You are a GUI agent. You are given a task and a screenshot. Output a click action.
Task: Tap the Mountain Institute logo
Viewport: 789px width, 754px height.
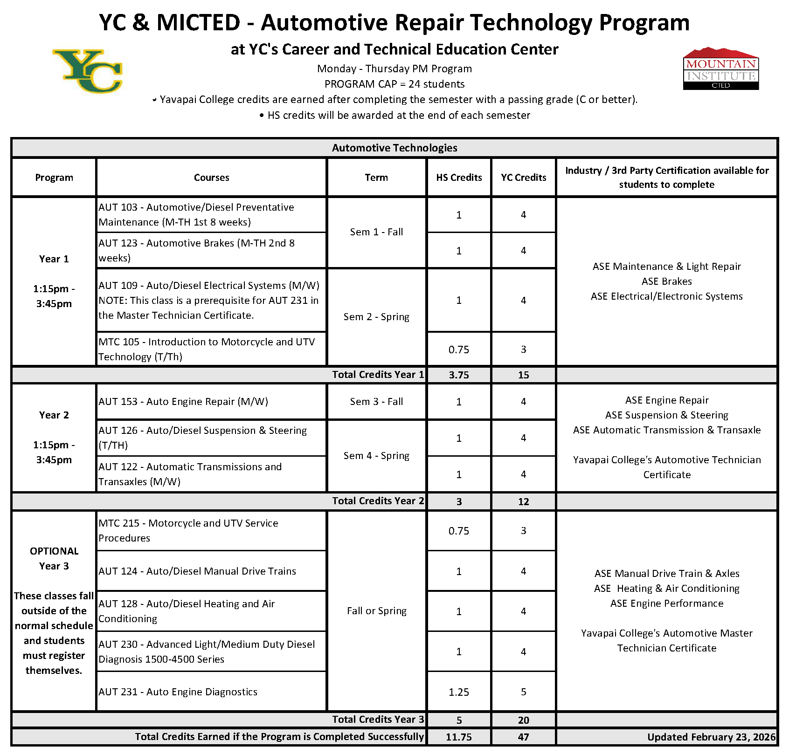[x=721, y=69]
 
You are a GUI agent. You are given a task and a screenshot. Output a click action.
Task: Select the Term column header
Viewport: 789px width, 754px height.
[x=376, y=178]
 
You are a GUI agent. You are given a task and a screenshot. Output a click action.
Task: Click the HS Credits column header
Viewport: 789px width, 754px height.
[x=459, y=178]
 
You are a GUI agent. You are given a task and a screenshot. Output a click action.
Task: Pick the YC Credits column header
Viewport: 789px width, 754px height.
[x=523, y=178]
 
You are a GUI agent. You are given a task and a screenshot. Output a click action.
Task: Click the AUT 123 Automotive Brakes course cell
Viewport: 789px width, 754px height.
[x=211, y=251]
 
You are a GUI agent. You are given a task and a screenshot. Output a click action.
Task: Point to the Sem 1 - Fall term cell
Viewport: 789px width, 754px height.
[x=376, y=232]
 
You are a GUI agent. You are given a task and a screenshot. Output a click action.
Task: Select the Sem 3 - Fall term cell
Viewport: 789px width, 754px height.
[x=376, y=402]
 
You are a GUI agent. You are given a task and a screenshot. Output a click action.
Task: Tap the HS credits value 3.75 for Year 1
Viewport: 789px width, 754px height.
[x=459, y=375]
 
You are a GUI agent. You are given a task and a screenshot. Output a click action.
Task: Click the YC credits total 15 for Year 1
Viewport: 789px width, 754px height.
[x=523, y=375]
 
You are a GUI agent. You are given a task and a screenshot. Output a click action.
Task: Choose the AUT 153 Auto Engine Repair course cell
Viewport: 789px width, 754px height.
[x=211, y=402]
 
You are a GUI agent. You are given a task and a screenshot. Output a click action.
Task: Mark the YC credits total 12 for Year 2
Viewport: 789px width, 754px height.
[x=523, y=502]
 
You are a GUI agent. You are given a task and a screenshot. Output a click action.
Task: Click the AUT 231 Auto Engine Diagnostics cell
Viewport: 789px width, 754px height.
[x=211, y=692]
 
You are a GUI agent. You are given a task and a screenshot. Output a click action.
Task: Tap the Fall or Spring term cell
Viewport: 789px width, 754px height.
[x=376, y=611]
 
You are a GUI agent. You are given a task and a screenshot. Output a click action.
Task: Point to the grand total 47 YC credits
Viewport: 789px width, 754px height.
[x=523, y=737]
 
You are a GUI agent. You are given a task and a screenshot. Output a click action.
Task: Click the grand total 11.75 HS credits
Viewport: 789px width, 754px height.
[x=459, y=737]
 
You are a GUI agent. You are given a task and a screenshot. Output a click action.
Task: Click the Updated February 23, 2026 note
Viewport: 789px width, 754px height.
[x=711, y=737]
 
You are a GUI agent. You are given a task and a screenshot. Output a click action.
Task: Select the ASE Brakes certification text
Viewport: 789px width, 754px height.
[x=666, y=281]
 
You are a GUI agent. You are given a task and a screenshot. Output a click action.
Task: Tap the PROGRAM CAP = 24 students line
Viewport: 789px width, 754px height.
[x=394, y=84]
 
